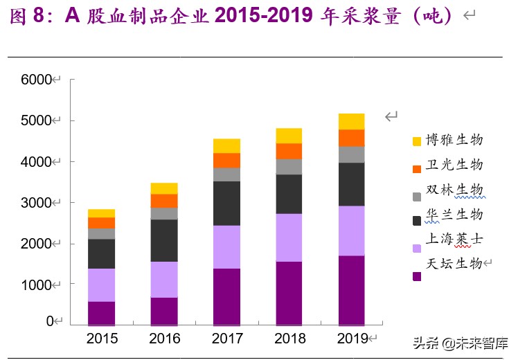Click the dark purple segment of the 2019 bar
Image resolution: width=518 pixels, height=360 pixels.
(x=351, y=290)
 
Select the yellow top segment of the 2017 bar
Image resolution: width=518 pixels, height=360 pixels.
(x=226, y=145)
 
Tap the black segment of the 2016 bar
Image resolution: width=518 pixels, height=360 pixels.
(x=164, y=240)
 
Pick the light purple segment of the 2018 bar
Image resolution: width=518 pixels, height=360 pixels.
(x=289, y=237)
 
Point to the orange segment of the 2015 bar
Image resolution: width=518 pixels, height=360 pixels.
(x=102, y=222)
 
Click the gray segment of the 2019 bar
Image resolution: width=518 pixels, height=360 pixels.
(x=351, y=154)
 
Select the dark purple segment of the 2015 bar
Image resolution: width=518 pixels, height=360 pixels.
(x=102, y=313)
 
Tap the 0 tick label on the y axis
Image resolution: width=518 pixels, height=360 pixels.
(x=49, y=321)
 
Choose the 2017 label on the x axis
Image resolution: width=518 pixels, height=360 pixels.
(x=226, y=339)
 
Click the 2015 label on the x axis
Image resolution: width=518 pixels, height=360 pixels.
(x=102, y=339)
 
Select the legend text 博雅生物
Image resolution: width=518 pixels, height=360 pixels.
(x=454, y=140)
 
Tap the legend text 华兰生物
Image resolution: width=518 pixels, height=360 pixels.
(x=454, y=214)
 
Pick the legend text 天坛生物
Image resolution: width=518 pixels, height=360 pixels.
(x=454, y=263)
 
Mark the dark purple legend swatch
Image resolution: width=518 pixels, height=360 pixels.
(x=417, y=276)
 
